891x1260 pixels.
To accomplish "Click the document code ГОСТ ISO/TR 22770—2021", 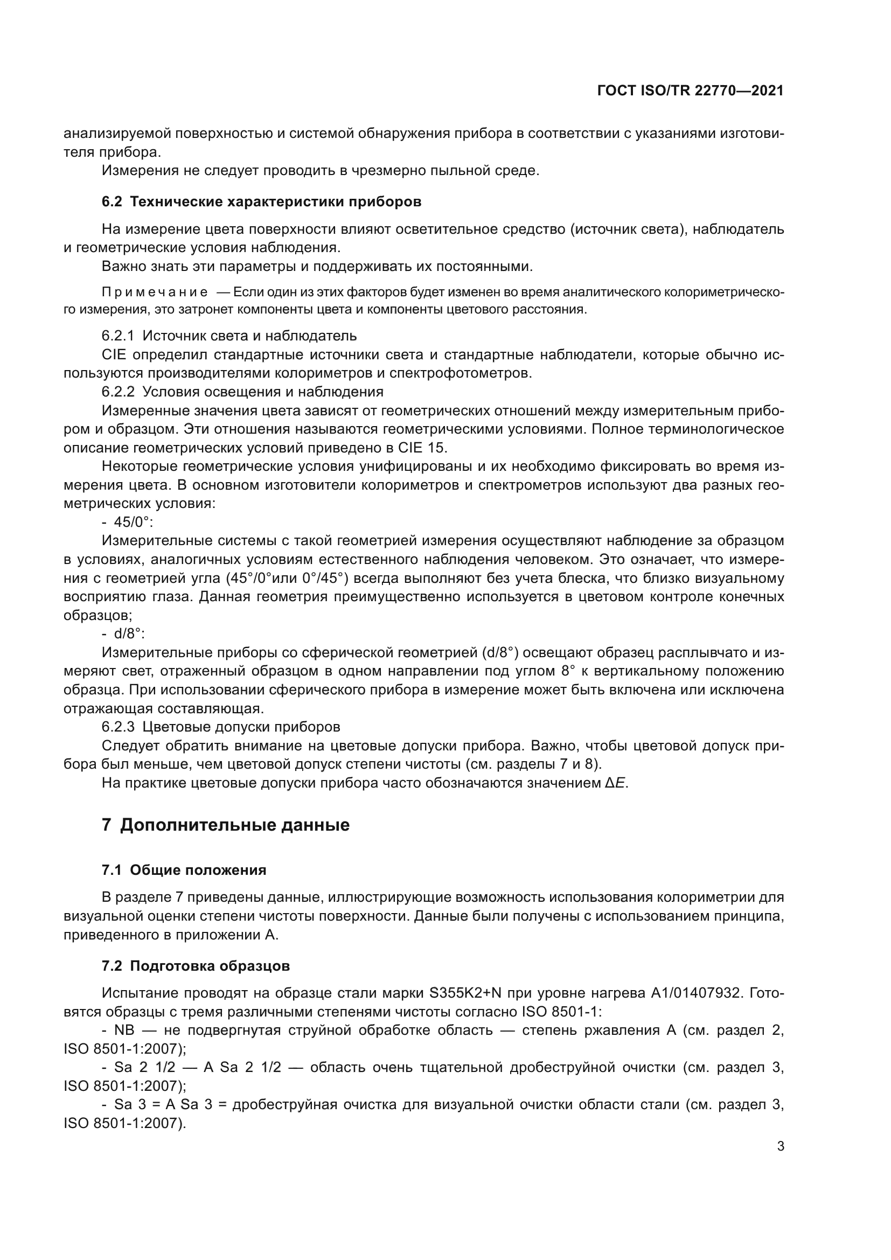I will click(x=690, y=91).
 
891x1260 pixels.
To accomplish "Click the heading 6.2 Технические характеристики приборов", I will click(x=261, y=201).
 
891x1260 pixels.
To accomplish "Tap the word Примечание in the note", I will click(x=155, y=292).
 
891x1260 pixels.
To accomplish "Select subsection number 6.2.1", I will click(x=118, y=335).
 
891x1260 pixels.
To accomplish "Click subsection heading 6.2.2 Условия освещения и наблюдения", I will click(x=242, y=392).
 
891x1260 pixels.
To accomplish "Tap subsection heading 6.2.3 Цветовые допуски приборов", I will click(x=220, y=727).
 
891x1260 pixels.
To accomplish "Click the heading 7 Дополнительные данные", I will click(x=226, y=825).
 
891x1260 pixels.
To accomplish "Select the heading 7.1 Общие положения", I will click(x=184, y=871).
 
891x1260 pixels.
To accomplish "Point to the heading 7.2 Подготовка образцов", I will click(x=196, y=966).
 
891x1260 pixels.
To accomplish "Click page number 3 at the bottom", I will click(x=780, y=1146).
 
